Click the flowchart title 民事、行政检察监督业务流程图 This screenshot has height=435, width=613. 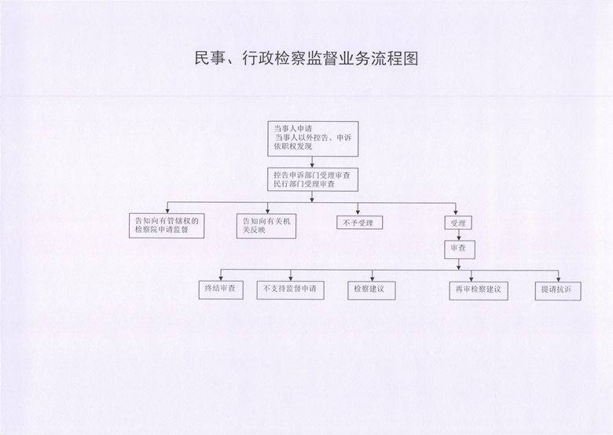pyautogui.click(x=306, y=59)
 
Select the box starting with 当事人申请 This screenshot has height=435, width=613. pyautogui.click(x=313, y=139)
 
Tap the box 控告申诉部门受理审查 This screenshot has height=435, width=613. pyautogui.click(x=313, y=179)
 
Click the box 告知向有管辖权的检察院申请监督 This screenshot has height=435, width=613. pyautogui.click(x=167, y=226)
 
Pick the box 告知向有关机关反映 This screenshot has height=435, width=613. pyautogui.click(x=266, y=226)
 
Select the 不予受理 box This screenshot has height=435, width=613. pyautogui.click(x=360, y=223)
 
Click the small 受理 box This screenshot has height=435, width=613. pyautogui.click(x=458, y=223)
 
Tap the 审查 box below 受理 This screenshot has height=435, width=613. pyautogui.click(x=460, y=249)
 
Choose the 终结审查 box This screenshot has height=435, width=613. pyautogui.click(x=221, y=290)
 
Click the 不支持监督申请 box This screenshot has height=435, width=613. pyautogui.click(x=291, y=290)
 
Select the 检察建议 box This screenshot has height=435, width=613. pyautogui.click(x=372, y=290)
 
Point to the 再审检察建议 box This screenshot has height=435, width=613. pyautogui.click(x=479, y=291)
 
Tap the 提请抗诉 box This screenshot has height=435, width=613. pyautogui.click(x=558, y=291)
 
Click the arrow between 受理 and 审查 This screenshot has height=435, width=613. pyautogui.click(x=459, y=235)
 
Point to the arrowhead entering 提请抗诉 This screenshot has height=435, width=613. pyautogui.click(x=558, y=278)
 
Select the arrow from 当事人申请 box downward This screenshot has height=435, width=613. pyautogui.click(x=312, y=162)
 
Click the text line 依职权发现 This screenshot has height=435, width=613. pyautogui.click(x=293, y=146)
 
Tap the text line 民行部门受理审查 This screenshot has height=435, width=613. pyautogui.click(x=304, y=184)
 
